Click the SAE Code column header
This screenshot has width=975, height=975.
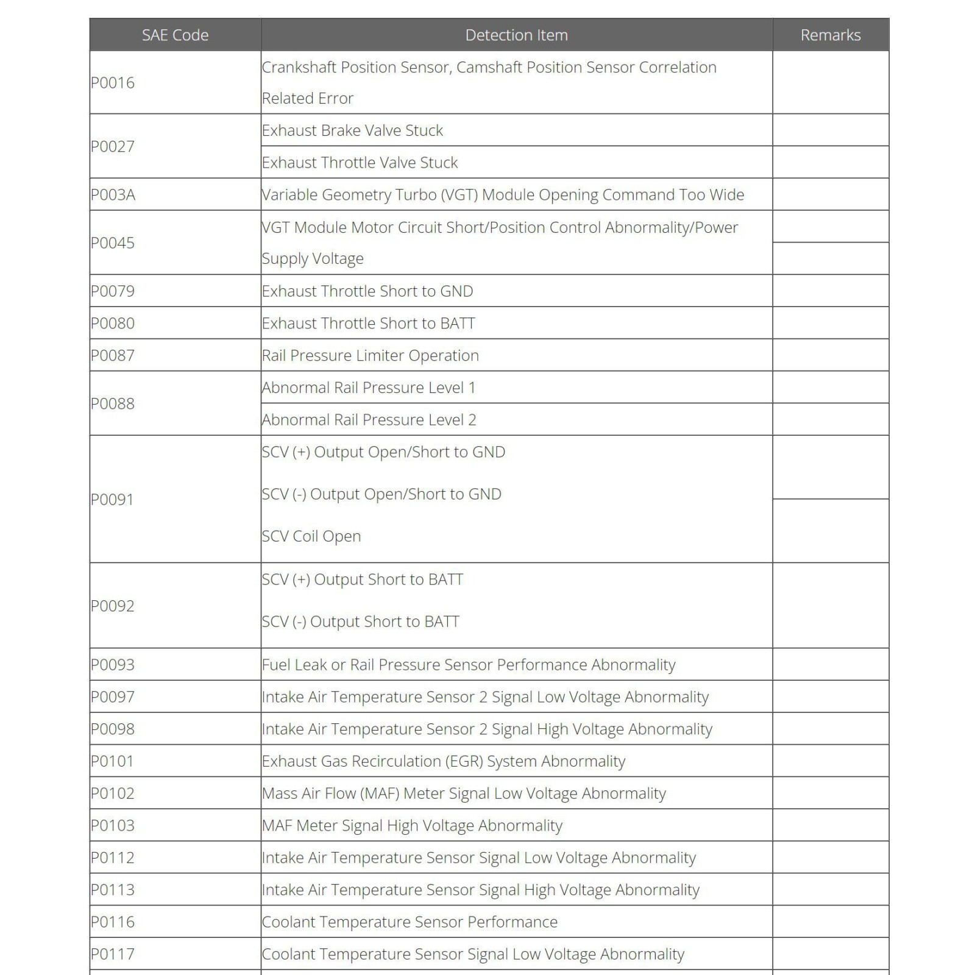175,35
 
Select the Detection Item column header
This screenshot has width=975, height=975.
516,35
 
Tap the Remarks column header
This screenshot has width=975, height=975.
830,35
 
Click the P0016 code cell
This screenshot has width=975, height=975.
113,83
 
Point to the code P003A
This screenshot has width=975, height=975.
113,195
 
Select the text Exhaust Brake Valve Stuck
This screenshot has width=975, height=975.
352,130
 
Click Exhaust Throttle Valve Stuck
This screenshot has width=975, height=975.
360,163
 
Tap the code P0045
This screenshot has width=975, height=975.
113,243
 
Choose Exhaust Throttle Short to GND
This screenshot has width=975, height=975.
367,291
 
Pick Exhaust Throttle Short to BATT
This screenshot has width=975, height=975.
368,324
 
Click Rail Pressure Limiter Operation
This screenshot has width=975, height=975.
370,356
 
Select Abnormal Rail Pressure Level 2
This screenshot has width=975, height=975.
369,420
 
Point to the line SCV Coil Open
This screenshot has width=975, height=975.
311,536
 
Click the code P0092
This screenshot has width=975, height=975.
113,606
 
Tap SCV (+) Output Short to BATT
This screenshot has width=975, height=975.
362,580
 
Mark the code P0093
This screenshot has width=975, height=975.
113,665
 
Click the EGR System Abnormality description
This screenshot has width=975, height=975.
443,761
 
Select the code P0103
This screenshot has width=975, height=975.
113,826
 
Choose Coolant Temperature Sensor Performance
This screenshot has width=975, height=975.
409,922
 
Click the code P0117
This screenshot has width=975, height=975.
113,954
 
